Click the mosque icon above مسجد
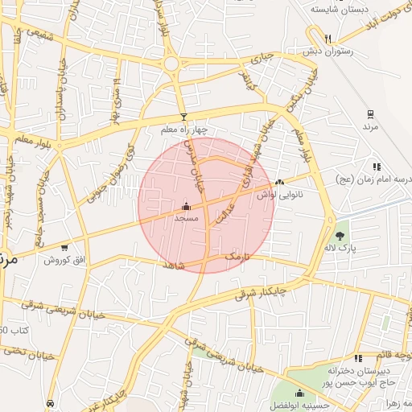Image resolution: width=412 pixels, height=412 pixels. [x=187, y=206]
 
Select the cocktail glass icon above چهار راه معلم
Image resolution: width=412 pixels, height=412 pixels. [x=183, y=117]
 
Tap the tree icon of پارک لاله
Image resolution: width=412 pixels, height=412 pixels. [x=340, y=236]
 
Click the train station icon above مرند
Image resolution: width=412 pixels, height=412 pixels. [x=370, y=114]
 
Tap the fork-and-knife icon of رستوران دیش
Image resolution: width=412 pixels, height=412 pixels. [x=328, y=39]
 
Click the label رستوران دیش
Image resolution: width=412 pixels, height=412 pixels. [x=330, y=51]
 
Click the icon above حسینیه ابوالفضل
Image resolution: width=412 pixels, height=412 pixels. [x=299, y=393]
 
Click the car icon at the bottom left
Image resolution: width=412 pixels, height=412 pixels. [x=51, y=402]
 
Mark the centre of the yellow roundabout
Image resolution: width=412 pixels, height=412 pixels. [x=171, y=64]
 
